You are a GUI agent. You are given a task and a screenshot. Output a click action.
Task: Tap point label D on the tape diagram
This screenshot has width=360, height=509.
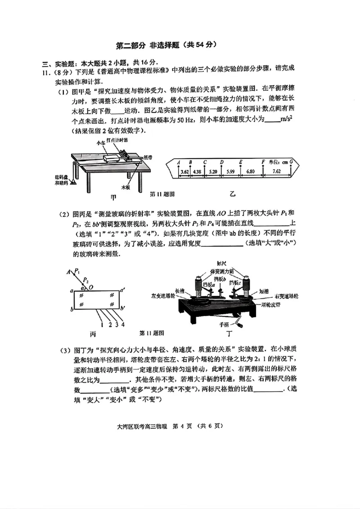click(222, 162)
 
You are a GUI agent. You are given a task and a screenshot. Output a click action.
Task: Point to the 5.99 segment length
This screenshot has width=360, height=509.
click(230, 172)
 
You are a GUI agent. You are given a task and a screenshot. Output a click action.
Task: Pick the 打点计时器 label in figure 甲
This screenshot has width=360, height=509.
click(118, 140)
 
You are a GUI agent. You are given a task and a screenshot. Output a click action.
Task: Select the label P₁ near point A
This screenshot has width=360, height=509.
click(77, 271)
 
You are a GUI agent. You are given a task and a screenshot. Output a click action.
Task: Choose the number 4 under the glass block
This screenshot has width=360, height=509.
click(123, 324)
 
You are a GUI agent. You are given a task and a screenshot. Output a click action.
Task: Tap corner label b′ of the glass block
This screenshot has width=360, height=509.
click(123, 308)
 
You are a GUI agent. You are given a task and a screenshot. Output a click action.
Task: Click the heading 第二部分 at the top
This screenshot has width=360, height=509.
click(133, 45)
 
